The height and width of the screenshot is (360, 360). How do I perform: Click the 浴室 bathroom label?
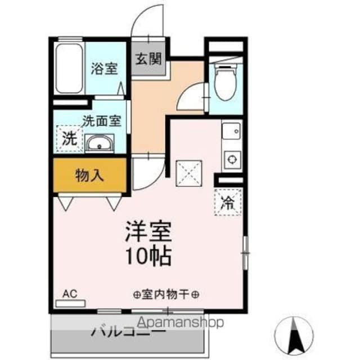tap(105, 69)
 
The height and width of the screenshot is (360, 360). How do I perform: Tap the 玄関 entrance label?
tap(148, 57)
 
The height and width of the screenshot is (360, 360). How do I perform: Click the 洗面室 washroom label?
tap(102, 120)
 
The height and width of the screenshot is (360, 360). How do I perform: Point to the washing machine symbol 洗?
tap(69, 138)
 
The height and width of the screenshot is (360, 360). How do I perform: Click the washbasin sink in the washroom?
tap(100, 145)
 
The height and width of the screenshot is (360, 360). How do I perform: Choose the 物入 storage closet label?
tap(89, 175)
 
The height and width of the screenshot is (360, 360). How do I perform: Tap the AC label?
tap(69, 293)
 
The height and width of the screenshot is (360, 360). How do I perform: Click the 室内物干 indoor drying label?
tap(167, 294)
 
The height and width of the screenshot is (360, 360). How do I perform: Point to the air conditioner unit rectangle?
tap(70, 303)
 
